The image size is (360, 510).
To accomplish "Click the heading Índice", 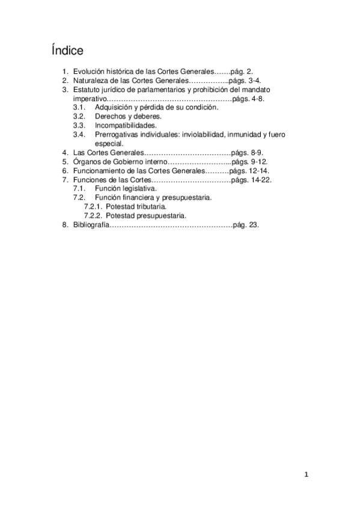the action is coord(68,49).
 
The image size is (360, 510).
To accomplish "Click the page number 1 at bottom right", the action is coord(307,475).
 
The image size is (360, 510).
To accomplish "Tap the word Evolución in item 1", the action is coord(89,71).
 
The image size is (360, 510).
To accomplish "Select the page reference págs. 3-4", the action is coord(246,80).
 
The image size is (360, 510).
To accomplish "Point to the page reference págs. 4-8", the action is coord(248,98).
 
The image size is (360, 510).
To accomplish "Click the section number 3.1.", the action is coord(79,107).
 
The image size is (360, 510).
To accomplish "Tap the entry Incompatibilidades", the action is coord(126,125).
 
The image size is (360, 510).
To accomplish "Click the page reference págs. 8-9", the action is coord(246,153).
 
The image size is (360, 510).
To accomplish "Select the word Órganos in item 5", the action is coord(86,162).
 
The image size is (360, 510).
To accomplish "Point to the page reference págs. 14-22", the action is coord(251,180).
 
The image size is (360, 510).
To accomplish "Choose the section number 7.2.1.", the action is coord(92,206).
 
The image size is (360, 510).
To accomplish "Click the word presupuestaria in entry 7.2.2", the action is coord(164,215).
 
